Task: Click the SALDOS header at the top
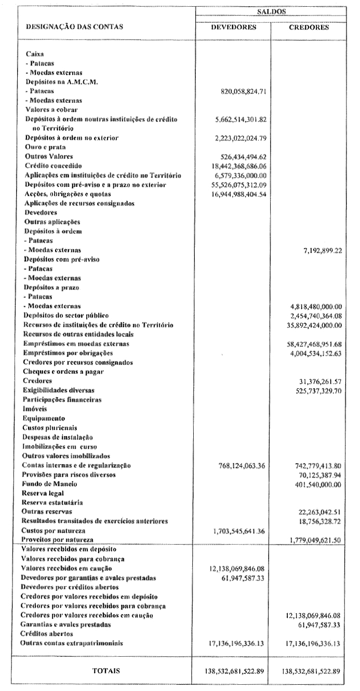click(273, 10)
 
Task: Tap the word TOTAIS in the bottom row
click(106, 671)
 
